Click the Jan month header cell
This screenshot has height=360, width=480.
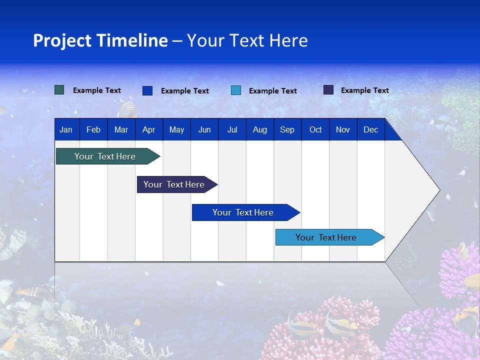click(x=66, y=129)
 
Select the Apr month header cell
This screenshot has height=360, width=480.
click(x=148, y=129)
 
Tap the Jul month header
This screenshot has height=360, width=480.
click(x=232, y=129)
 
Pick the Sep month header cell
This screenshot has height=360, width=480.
click(x=287, y=129)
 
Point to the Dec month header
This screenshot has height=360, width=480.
click(x=370, y=129)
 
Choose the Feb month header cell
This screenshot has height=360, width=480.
click(x=93, y=129)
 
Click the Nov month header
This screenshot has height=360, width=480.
click(x=342, y=129)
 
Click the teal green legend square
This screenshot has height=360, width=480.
click(x=59, y=90)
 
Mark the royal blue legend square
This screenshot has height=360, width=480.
click(x=147, y=90)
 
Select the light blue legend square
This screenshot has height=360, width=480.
click(x=236, y=90)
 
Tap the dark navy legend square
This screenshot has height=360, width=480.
click(x=328, y=90)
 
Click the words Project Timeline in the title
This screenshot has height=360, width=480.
click(x=100, y=40)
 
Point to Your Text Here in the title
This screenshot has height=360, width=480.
click(x=247, y=40)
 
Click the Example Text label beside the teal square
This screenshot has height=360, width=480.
click(x=97, y=90)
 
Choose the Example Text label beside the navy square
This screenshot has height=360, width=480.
click(x=364, y=90)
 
